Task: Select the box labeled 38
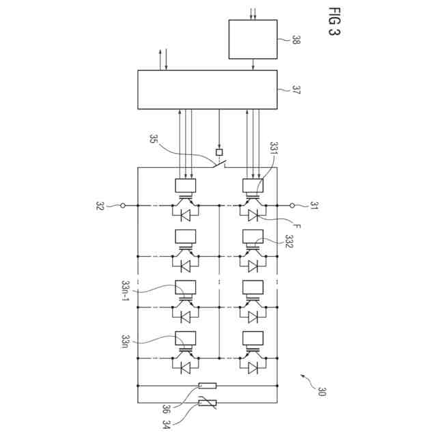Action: (x=253, y=40)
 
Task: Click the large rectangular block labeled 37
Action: (x=208, y=89)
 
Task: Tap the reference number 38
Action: (x=296, y=40)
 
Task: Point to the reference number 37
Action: (x=296, y=89)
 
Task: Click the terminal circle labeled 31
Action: (x=292, y=205)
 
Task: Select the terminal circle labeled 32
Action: (x=123, y=205)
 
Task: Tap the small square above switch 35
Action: (x=219, y=152)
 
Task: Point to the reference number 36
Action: (x=166, y=409)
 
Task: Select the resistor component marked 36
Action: (x=207, y=386)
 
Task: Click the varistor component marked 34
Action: (x=207, y=404)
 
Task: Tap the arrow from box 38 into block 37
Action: (x=253, y=64)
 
